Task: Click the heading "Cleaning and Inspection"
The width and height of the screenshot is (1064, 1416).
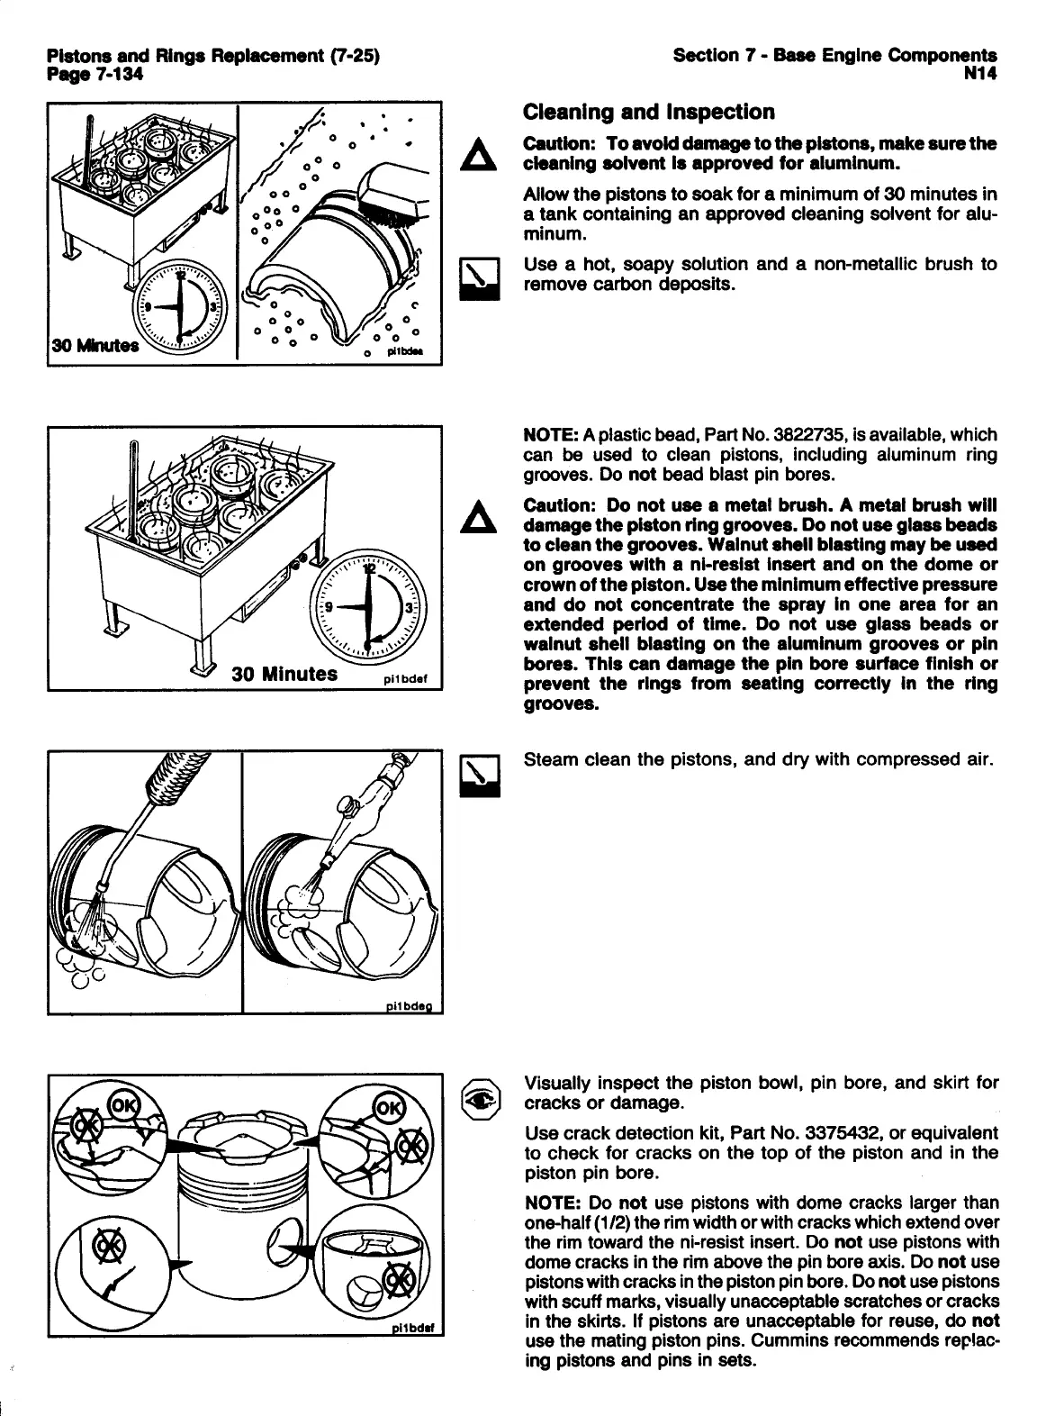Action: pyautogui.click(x=648, y=113)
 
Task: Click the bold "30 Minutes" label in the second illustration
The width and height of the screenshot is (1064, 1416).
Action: pyautogui.click(x=285, y=674)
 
